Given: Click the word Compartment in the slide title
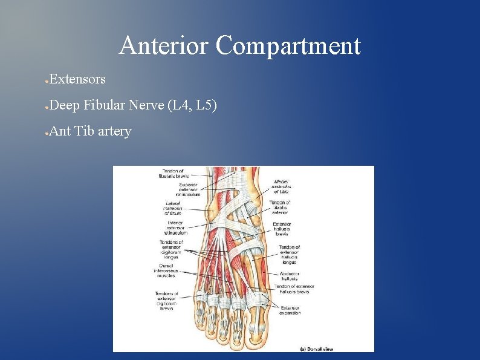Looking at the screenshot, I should (x=288, y=46).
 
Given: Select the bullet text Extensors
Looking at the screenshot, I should (x=77, y=79).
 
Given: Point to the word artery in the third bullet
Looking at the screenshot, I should (x=114, y=131).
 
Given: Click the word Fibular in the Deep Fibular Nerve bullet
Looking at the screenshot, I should (x=106, y=105).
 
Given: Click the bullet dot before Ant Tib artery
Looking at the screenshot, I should (x=47, y=132).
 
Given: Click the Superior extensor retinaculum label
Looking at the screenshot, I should (x=184, y=189).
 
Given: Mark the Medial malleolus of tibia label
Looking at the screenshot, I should (x=281, y=186).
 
